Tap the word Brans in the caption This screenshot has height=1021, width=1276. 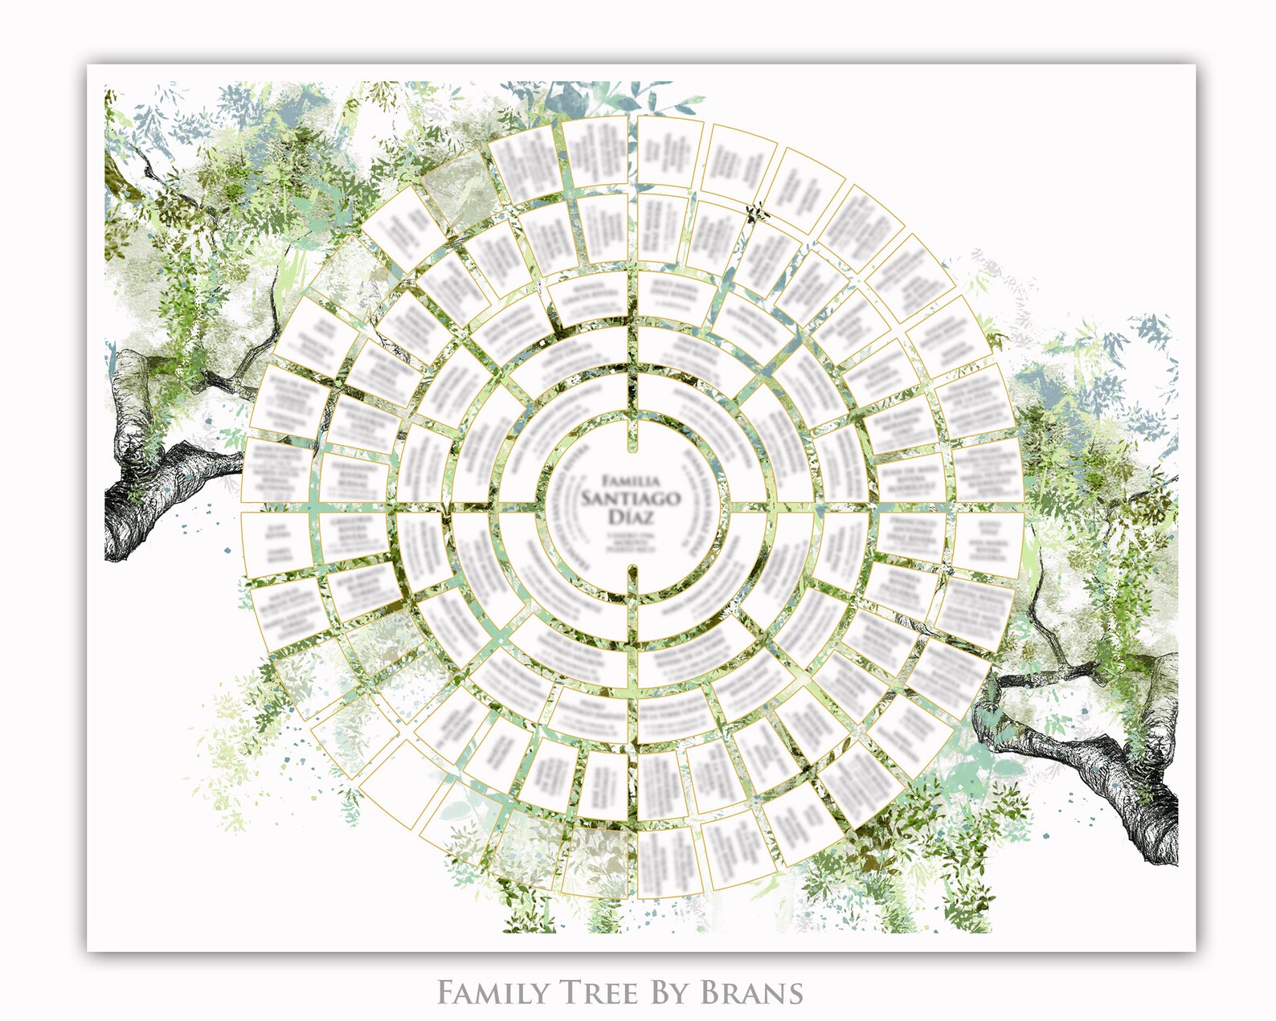[752, 993]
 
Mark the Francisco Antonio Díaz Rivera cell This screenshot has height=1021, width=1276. [908, 534]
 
